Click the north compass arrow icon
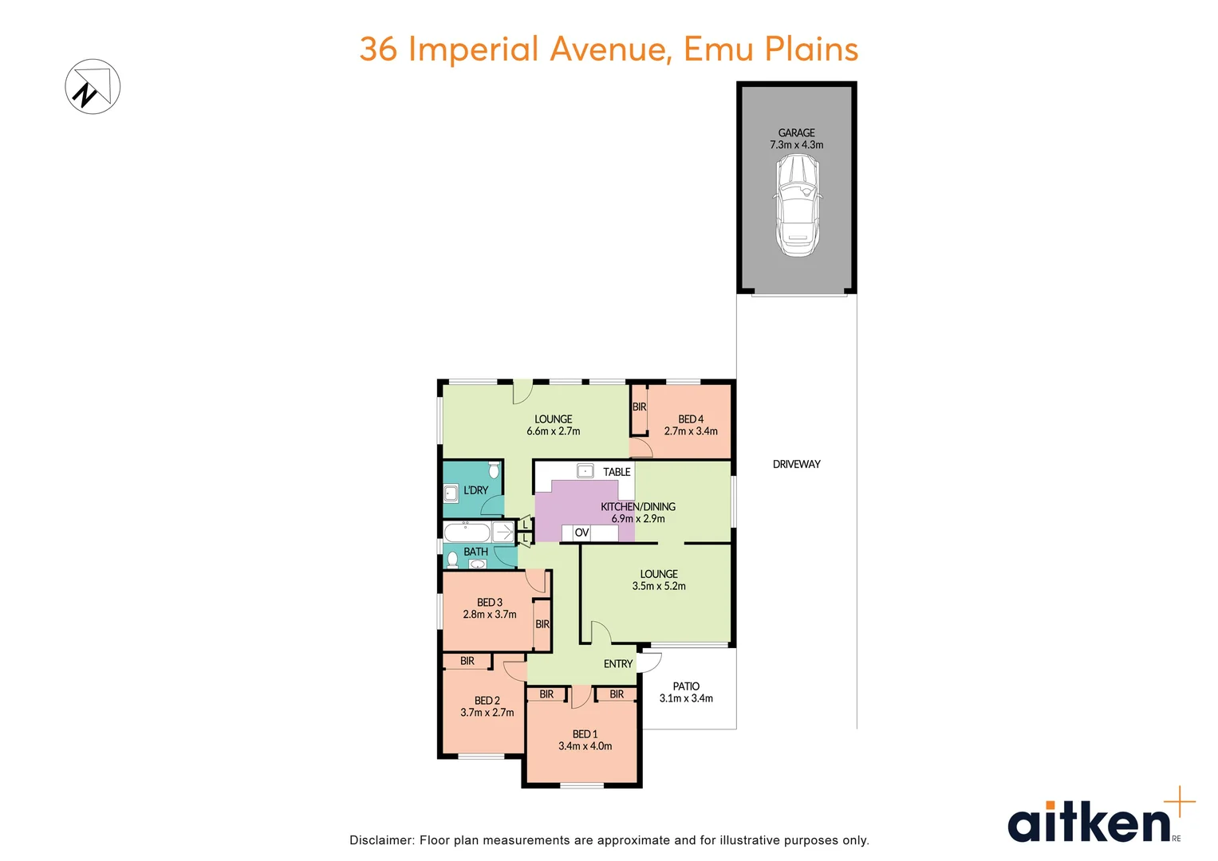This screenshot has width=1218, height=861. point(93,87)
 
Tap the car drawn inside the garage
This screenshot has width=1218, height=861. point(797,205)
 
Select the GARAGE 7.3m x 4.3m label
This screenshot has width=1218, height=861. point(796,139)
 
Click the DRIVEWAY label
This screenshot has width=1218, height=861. point(796,464)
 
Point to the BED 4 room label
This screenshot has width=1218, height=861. point(691,419)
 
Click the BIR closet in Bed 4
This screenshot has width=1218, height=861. point(639,407)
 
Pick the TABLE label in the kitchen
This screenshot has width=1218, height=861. point(617,472)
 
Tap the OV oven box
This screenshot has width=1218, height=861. point(581,533)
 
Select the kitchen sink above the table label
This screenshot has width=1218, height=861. point(585,471)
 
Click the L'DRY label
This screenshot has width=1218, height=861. point(475,490)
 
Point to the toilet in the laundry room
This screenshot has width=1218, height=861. point(494,470)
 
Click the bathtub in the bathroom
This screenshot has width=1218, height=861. point(467,532)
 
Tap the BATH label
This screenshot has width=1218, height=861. point(475,552)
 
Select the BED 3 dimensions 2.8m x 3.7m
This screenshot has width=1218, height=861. point(490,615)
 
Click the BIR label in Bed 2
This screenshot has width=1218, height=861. point(467,661)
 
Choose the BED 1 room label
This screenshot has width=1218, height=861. point(585,734)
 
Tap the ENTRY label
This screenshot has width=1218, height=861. point(618,664)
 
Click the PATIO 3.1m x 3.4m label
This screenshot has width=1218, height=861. point(686,692)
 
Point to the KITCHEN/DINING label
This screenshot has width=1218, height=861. point(638,507)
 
